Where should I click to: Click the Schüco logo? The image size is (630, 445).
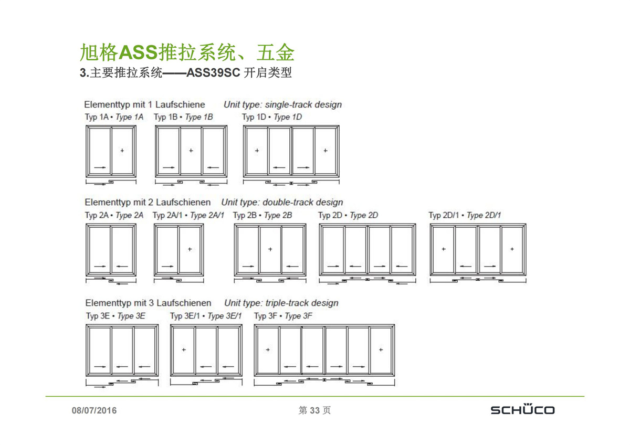click(522, 409)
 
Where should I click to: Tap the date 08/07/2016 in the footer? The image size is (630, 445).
click(94, 410)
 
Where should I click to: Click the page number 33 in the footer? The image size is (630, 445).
click(314, 410)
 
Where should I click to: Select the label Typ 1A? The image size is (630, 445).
click(97, 117)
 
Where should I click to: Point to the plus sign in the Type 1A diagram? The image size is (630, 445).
click(122, 151)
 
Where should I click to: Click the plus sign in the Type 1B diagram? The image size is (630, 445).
click(191, 151)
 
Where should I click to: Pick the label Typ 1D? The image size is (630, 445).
click(254, 117)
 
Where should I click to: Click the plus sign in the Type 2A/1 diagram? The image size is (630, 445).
click(190, 249)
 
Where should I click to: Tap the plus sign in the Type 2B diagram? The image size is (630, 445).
click(270, 249)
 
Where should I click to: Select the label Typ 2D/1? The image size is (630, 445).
click(444, 215)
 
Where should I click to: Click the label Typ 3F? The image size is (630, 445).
click(266, 316)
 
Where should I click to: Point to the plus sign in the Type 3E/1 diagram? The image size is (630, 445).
click(184, 349)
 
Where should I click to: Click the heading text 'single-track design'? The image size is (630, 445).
click(303, 104)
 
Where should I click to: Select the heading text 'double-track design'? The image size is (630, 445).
click(303, 202)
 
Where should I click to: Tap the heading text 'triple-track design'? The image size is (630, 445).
click(302, 303)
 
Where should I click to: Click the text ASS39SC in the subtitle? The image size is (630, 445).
click(213, 72)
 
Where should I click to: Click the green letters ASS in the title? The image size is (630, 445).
click(138, 52)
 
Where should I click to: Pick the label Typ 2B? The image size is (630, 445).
click(245, 215)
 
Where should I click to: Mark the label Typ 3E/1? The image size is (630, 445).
click(185, 316)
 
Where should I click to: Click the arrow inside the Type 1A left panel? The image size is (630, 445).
click(100, 167)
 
